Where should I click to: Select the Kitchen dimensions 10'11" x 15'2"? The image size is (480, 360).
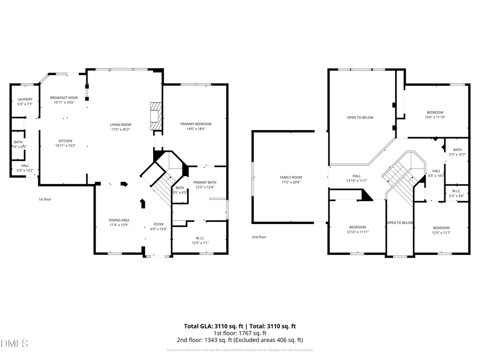65,145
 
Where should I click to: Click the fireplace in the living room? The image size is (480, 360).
155,116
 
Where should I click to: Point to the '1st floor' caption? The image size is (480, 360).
45,199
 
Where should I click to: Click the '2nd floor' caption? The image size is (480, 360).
259,237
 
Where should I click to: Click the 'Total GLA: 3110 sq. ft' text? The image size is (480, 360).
211,325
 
